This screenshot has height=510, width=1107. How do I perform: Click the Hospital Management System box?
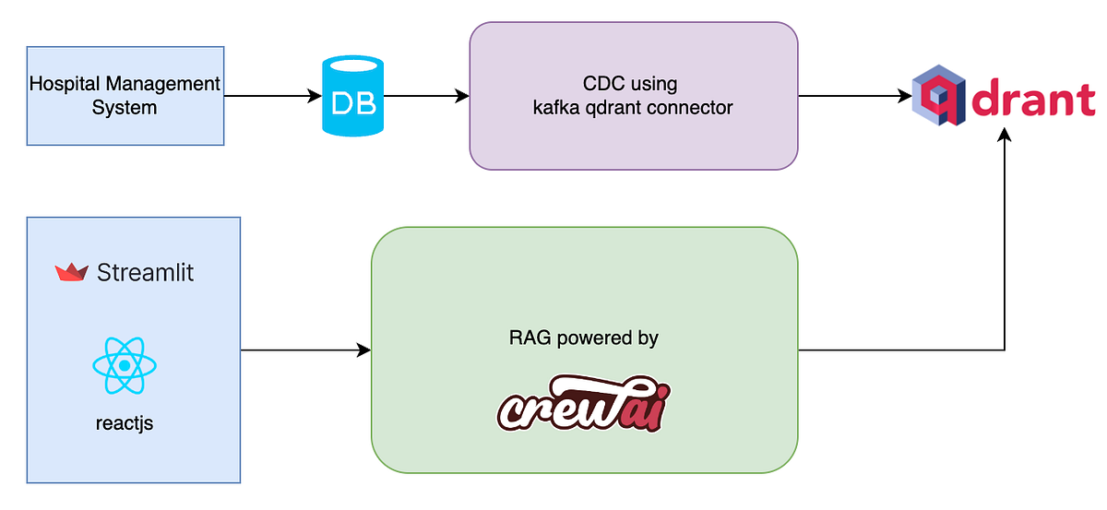(x=125, y=96)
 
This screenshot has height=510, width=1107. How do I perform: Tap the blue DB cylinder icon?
(x=353, y=96)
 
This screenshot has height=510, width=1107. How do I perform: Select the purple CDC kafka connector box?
(x=633, y=96)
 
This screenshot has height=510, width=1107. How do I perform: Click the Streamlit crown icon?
(x=71, y=272)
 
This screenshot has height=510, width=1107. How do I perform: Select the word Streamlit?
(x=145, y=273)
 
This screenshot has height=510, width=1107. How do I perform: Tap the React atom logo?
(x=125, y=365)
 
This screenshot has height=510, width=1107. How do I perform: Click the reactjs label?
(x=124, y=424)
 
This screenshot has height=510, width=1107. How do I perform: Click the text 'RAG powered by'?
(x=583, y=338)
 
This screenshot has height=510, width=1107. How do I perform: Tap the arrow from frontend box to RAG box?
(x=304, y=350)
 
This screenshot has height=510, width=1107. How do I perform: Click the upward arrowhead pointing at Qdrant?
(x=1005, y=136)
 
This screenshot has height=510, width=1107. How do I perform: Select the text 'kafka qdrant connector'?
(x=633, y=108)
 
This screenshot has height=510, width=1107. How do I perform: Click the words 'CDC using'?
(x=633, y=84)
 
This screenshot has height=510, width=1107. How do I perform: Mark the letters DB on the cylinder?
(x=353, y=103)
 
